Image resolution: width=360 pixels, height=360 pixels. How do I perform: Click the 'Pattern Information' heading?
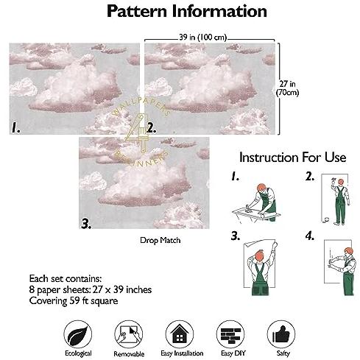(x=187, y=11)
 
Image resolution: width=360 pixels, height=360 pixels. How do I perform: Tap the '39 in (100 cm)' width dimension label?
(x=203, y=38)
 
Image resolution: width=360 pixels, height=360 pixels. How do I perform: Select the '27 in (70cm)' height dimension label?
(x=287, y=88)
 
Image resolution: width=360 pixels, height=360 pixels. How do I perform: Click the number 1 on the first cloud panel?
(x=16, y=127)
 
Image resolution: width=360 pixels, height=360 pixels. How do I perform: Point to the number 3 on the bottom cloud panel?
(x=86, y=224)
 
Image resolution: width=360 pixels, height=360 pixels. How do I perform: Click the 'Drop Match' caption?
(x=160, y=240)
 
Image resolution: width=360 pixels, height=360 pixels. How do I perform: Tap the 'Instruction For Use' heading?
(x=293, y=157)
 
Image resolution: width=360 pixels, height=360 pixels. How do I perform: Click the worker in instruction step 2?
(x=340, y=202)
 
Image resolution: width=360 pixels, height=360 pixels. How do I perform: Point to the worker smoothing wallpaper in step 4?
(x=345, y=271)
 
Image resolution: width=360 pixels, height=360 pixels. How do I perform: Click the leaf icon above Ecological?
(x=78, y=334)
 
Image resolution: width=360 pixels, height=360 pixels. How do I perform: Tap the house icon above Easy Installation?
(x=180, y=334)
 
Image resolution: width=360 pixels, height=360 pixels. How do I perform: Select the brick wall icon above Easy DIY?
(x=230, y=334)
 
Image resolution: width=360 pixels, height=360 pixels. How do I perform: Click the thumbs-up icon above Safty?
(x=281, y=334)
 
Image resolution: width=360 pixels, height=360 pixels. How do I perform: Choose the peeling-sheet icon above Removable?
(x=129, y=334)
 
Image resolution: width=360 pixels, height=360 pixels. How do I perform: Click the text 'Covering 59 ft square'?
(x=74, y=301)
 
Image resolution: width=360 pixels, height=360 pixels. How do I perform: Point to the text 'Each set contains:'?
(x=66, y=278)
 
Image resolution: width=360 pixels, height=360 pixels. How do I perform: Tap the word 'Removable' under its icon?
(x=129, y=354)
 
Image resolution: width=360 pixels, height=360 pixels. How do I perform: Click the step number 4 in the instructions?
(x=310, y=236)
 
